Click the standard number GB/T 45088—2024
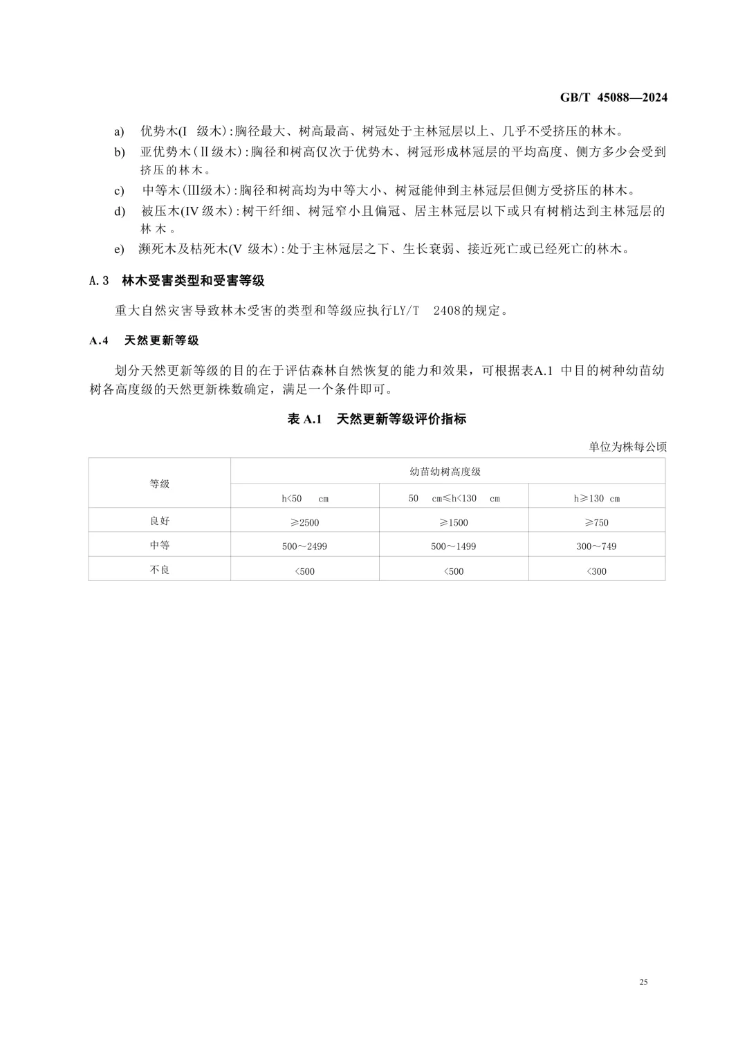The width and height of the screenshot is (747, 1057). (x=614, y=98)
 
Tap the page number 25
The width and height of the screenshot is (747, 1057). (x=643, y=982)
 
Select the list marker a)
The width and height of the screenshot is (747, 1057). (x=120, y=131)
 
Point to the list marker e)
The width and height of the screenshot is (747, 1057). (x=120, y=249)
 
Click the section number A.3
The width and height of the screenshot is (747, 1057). (x=100, y=281)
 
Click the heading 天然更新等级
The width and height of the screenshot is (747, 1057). (x=161, y=340)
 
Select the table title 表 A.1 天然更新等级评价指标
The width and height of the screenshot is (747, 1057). (x=377, y=419)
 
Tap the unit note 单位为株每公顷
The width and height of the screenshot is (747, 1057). (x=628, y=447)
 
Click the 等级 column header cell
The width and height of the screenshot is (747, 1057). (x=160, y=484)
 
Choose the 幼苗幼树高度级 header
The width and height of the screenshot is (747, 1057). (x=445, y=472)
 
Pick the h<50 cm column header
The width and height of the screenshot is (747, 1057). (x=305, y=498)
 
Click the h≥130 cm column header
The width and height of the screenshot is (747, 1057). (x=596, y=498)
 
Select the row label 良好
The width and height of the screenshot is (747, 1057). (x=160, y=521)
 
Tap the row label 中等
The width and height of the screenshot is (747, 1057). (x=160, y=545)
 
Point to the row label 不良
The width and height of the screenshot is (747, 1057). (x=160, y=569)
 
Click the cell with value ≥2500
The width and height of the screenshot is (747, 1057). (x=305, y=522)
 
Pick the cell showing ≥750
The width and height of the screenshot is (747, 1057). (x=596, y=522)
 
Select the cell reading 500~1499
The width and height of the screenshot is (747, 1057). (x=453, y=546)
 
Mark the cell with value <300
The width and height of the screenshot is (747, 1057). (x=596, y=571)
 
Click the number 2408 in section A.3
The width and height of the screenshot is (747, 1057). (x=448, y=311)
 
